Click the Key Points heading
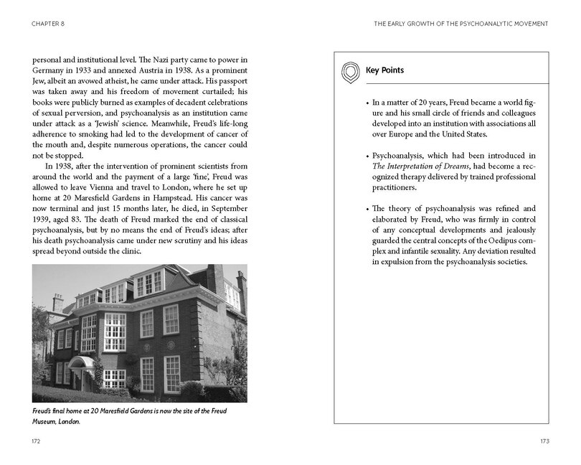pyautogui.click(x=384, y=71)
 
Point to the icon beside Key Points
pyautogui.click(x=349, y=71)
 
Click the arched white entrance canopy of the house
pyautogui.click(x=85, y=362)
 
